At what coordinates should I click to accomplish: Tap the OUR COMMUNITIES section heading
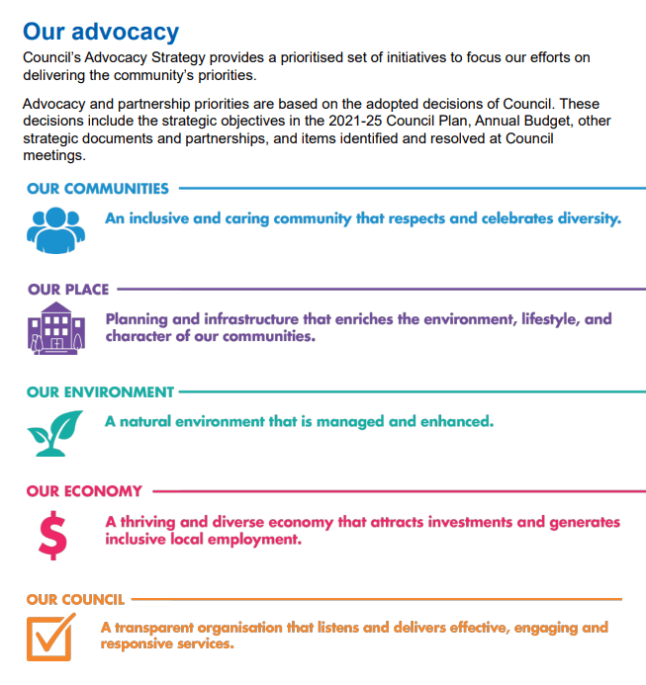(98, 188)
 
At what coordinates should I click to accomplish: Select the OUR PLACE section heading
(68, 290)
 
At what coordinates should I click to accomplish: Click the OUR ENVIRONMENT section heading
(100, 392)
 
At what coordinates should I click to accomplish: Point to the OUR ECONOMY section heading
(85, 491)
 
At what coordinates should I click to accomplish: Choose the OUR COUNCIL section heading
(75, 599)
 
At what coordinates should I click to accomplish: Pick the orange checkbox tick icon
(50, 636)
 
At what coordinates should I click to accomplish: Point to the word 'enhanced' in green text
(455, 421)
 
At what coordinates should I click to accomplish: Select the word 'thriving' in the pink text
(153, 521)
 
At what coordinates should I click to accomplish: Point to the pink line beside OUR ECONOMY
(386, 491)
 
